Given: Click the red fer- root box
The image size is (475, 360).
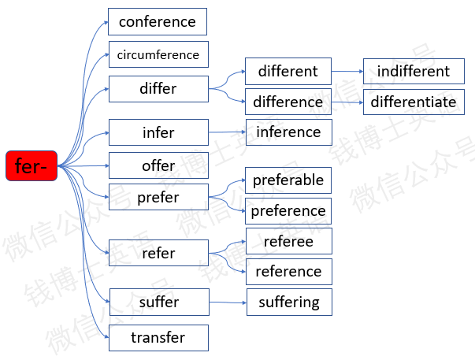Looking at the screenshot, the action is coord(32,165).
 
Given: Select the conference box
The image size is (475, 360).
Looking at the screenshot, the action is coord(158,22).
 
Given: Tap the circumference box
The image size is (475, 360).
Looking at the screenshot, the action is coord(158,54).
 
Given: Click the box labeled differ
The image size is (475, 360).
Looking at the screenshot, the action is coord(158,89).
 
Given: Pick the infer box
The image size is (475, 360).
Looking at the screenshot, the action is coord(158,132).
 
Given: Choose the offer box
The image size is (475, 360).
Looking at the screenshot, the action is coord(158,165).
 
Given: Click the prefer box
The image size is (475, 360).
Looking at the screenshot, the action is coord(158,197).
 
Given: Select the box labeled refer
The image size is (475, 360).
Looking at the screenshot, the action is coord(158,253).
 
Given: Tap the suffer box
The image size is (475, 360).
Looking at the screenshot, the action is coord(159,302).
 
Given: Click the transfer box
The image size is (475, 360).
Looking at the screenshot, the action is coord(158,338).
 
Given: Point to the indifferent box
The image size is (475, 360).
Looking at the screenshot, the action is coord(414,71).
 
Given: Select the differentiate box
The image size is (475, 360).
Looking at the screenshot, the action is coord(414,102).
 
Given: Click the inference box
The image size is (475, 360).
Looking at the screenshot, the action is coord(289,132).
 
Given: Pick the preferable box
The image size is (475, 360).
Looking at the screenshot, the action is coord(288,180).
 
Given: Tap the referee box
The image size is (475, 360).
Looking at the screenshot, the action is coord(289,241).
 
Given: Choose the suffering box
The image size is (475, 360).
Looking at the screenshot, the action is coord(289,302).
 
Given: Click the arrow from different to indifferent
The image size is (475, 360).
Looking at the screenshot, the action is coord(347,71).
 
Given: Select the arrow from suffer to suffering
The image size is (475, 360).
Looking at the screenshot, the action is coord(228,302).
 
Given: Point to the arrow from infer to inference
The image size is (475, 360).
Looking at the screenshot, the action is coord(227,132).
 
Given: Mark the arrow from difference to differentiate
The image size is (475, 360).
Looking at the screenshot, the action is coord(347,102).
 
